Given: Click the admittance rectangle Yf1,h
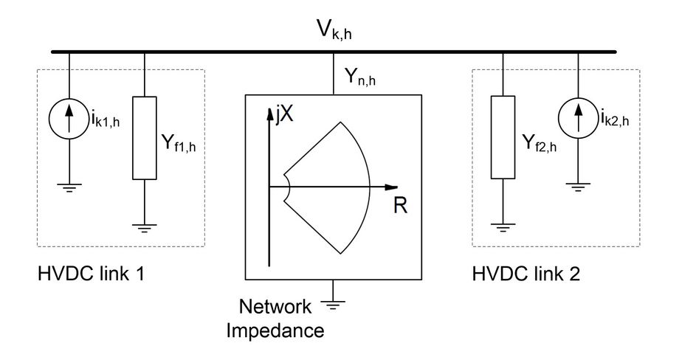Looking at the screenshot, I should (144, 138).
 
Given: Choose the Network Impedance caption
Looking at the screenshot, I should (286, 319).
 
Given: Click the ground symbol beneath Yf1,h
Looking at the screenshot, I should (144, 228).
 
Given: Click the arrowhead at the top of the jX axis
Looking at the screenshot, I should (270, 115).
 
